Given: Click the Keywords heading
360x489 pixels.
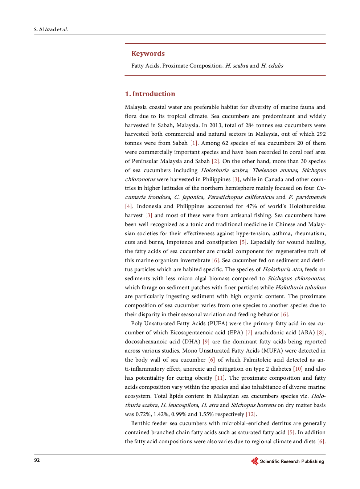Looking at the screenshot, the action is tap(148, 54).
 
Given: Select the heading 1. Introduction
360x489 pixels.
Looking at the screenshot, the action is tap(150, 94).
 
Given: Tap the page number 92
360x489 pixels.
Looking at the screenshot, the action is tap(37, 460).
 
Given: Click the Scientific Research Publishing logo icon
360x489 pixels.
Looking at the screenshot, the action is tap(255, 461).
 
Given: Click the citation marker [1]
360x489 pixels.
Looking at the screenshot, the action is tap(194, 143).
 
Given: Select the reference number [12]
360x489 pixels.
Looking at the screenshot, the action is tap(251, 414).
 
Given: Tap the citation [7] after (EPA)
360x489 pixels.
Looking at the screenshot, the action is tap(249, 333).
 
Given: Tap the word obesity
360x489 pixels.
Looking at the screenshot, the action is tap(203, 378).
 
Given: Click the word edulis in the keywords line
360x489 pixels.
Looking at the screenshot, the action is tap(275, 66).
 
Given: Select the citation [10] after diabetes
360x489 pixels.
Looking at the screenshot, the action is tap(298, 369).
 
